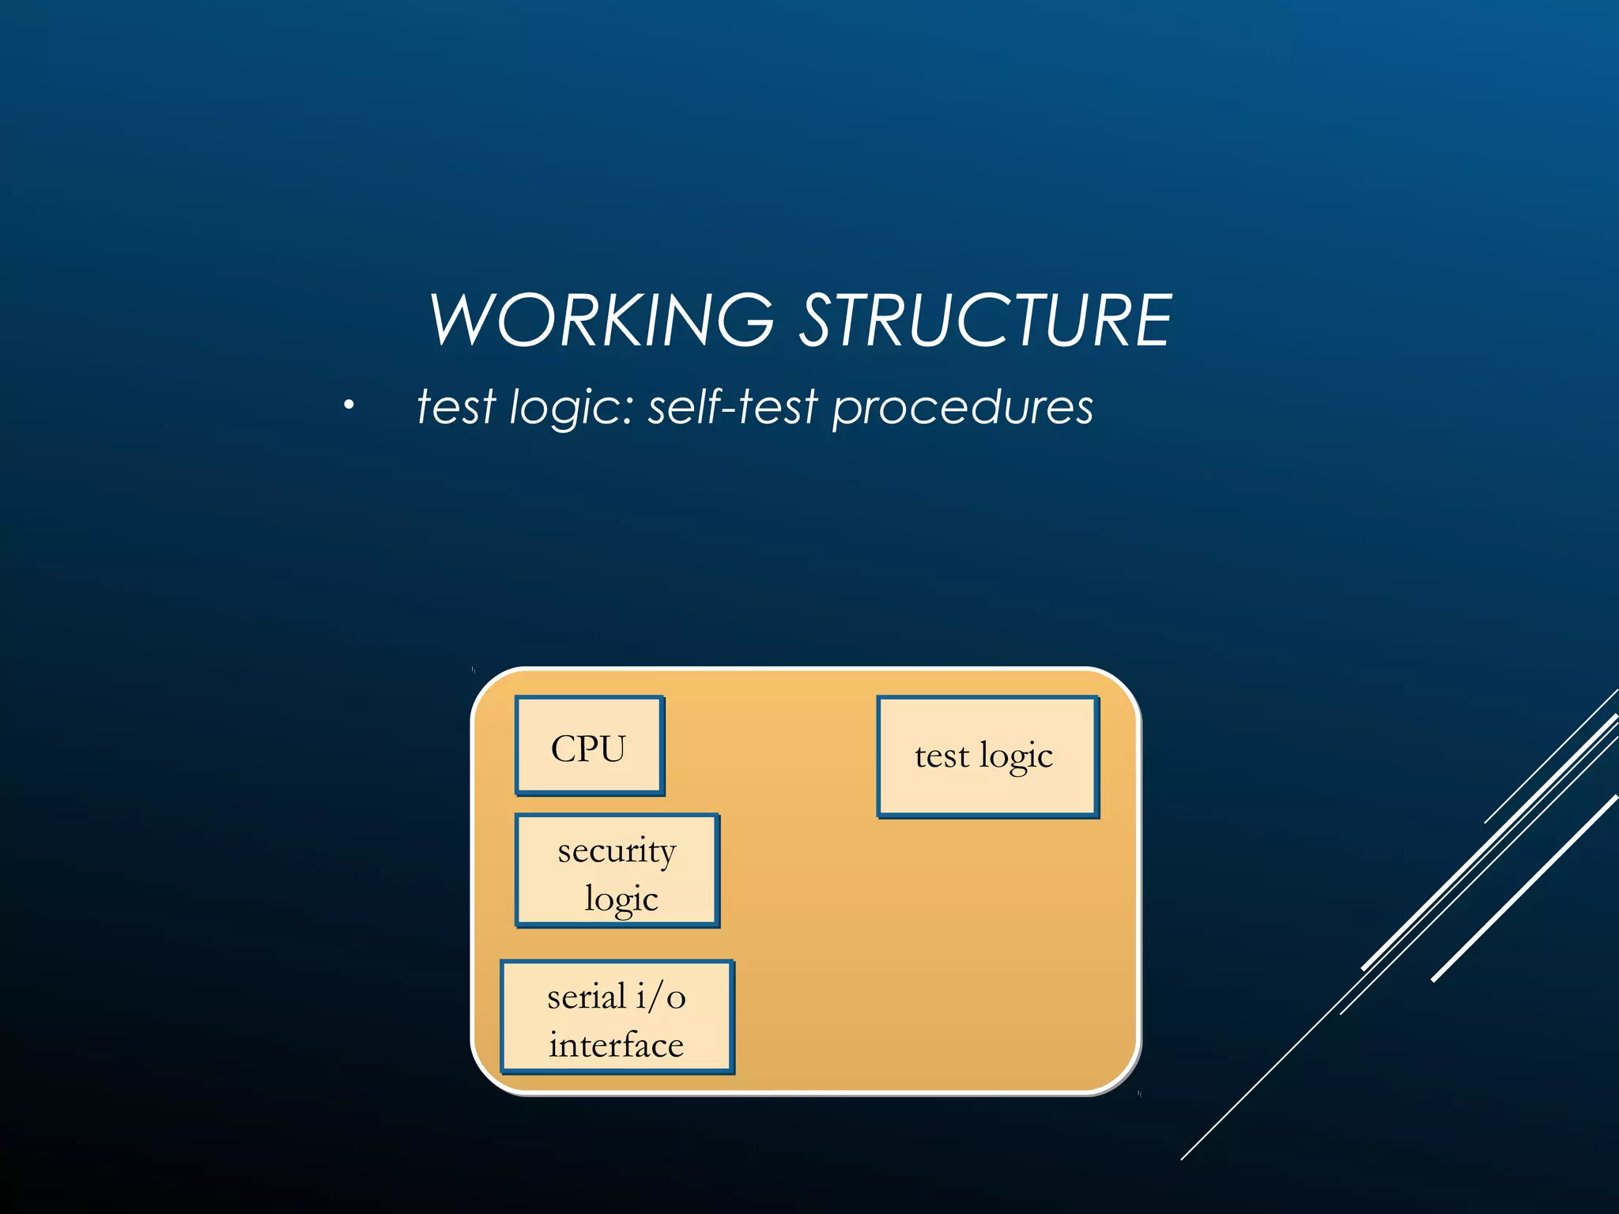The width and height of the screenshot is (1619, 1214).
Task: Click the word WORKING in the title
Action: click(602, 320)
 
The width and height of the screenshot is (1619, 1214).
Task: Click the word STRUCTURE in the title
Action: click(986, 320)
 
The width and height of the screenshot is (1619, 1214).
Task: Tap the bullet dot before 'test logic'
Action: click(349, 406)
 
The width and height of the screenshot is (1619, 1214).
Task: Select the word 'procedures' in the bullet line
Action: click(962, 408)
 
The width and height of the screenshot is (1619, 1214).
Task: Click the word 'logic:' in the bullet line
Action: click(572, 408)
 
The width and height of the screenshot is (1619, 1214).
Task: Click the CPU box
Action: click(589, 745)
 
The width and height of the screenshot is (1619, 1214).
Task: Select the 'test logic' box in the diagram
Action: click(987, 756)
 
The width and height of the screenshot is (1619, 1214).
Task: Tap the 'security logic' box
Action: click(617, 870)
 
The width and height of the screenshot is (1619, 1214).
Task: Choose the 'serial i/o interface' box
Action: click(617, 1016)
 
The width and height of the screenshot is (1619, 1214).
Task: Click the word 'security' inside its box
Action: click(617, 851)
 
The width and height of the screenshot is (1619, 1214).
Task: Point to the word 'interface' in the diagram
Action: click(617, 1045)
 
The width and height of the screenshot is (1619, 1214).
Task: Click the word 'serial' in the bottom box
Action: click(586, 996)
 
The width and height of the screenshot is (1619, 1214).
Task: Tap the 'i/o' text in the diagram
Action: click(661, 996)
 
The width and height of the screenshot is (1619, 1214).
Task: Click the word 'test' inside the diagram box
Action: click(942, 756)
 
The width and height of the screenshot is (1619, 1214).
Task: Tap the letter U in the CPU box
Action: click(609, 748)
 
